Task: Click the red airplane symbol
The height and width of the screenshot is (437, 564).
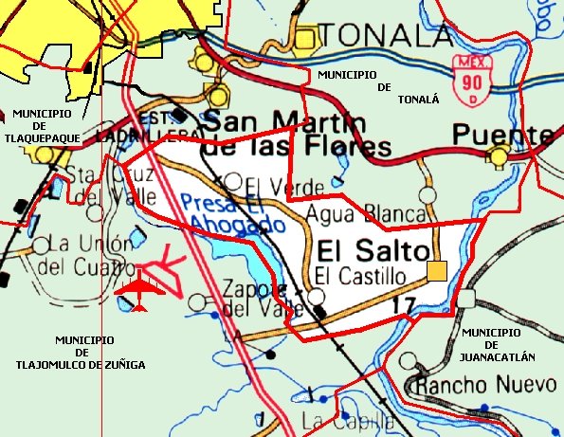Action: click(x=140, y=289)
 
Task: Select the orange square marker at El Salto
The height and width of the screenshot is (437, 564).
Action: click(x=436, y=272)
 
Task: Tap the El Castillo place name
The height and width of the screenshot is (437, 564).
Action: click(x=360, y=277)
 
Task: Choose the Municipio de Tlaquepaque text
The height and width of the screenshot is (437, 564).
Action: click(x=44, y=123)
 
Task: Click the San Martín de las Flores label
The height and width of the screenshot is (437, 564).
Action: click(x=298, y=135)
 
